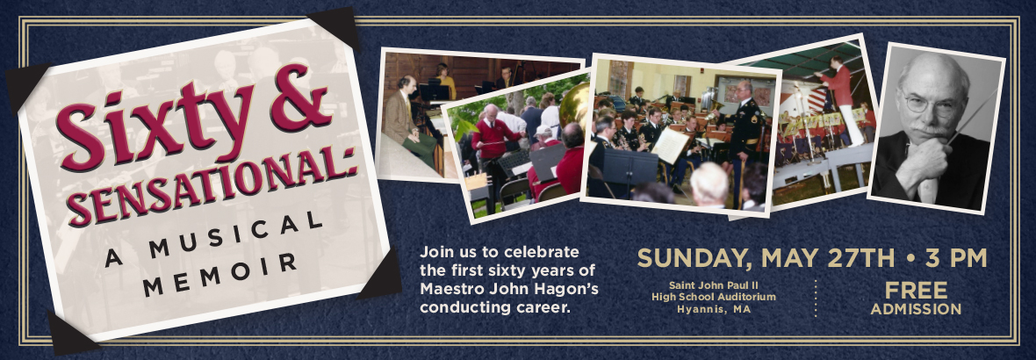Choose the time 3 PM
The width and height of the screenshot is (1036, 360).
(x=956, y=257)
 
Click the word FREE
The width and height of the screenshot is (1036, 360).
(x=916, y=291)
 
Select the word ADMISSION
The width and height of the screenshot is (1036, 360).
(x=916, y=309)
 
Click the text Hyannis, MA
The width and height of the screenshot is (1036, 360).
(x=714, y=309)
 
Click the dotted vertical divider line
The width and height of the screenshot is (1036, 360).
(x=816, y=298)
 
